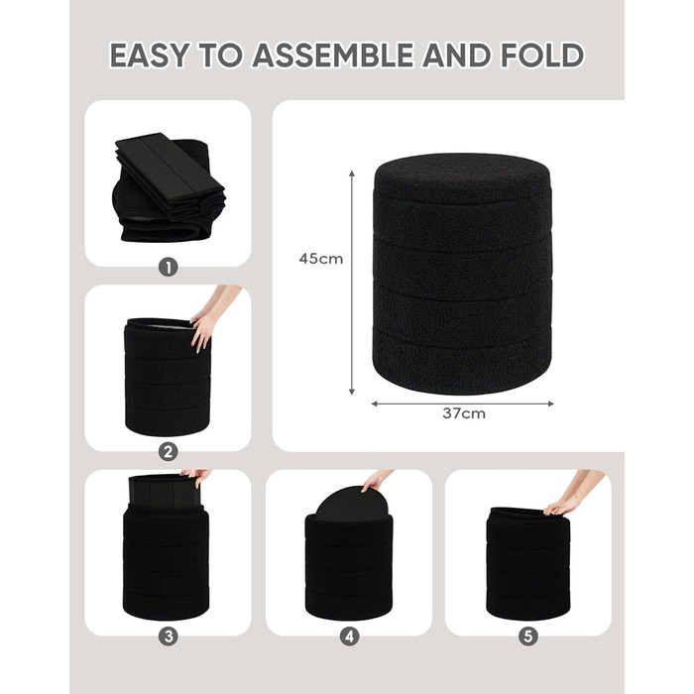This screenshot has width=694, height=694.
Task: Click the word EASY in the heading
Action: [150, 55]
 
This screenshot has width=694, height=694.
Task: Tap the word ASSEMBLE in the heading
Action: [333, 55]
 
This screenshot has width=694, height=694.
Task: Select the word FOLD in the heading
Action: [541, 55]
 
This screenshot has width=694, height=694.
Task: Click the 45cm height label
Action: [321, 259]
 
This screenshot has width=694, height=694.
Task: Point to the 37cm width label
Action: [464, 413]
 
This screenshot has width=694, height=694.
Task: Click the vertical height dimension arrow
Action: [352, 283]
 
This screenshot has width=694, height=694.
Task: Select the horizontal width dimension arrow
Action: [463, 404]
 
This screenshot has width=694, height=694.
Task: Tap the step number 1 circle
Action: [169, 268]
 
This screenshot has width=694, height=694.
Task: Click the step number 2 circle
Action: [169, 452]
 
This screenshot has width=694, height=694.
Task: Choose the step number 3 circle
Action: [169, 636]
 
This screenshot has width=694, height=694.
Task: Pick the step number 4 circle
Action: [349, 636]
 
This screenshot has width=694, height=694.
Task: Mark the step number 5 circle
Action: [528, 636]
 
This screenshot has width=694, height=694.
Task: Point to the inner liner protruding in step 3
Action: [165, 492]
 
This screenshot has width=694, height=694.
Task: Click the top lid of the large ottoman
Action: [463, 177]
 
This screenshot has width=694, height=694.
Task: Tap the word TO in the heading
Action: [220, 55]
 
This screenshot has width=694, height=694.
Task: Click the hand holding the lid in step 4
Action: [376, 481]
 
